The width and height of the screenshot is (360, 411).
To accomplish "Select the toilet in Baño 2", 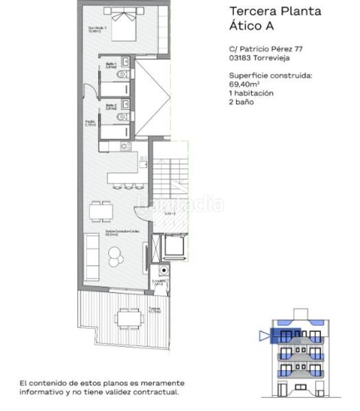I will (122, 118).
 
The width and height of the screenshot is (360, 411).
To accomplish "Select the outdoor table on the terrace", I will (126, 318).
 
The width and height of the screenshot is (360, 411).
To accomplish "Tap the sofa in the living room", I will (91, 251).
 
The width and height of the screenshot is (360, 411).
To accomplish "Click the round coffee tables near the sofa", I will (114, 255).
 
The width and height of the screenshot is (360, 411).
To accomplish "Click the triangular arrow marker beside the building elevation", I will (265, 336).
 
